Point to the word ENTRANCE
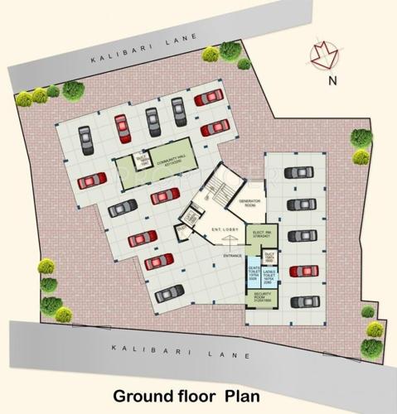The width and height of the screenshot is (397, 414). [x=230, y=254]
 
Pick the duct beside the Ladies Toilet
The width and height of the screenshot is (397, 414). [x=270, y=257]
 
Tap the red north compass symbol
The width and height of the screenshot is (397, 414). [x=321, y=55]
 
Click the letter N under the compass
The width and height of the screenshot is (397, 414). [x=331, y=80]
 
